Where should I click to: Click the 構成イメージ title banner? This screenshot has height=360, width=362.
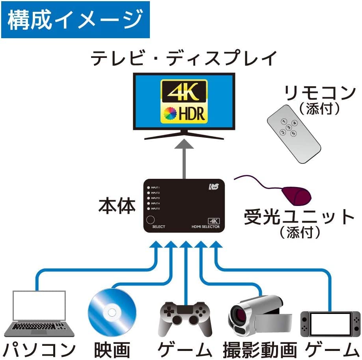(x=75, y=20)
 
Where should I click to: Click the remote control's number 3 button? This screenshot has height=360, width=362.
(x=289, y=127)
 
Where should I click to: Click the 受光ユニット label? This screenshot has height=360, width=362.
(x=300, y=217)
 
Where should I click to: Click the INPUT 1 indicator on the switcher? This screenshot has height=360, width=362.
(x=149, y=187)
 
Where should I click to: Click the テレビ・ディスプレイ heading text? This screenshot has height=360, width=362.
(x=184, y=59)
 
